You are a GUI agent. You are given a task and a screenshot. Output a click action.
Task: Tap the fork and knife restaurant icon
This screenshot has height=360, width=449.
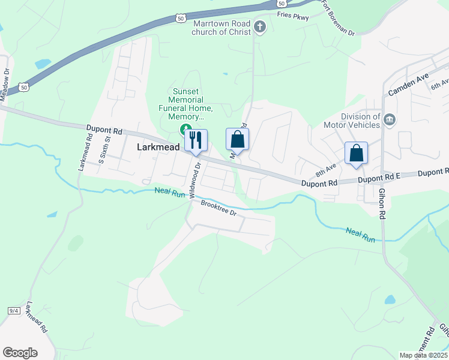click(196, 140)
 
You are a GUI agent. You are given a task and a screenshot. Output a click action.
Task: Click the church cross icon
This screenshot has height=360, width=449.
click(260, 26)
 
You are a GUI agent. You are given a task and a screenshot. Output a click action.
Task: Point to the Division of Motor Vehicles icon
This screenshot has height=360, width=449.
click(389, 121)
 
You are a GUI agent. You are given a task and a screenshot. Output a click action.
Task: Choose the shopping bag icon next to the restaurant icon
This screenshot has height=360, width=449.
click(237, 139)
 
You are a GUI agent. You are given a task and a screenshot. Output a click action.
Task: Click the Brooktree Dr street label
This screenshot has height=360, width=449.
click(219, 209)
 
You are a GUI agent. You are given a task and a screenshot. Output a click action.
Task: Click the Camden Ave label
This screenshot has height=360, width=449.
click(408, 87)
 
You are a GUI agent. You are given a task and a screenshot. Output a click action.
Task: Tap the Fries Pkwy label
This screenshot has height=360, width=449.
click(293, 17)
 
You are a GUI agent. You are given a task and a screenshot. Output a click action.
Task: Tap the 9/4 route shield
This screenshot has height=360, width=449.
click(14, 310)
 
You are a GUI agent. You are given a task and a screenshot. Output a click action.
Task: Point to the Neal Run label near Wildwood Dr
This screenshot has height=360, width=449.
click(170, 192)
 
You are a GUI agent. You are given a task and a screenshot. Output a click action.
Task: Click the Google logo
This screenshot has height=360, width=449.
click(20, 353)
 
